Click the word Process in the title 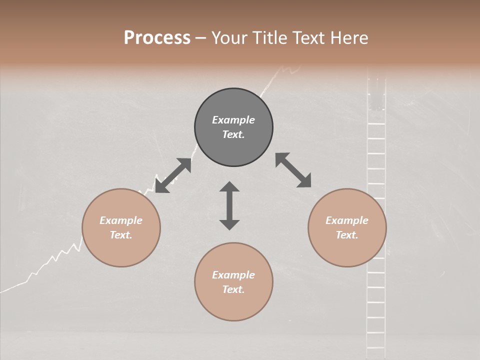(157, 37)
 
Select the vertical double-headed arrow (229, 205)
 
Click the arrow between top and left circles (173, 175)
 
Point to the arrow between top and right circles (293, 170)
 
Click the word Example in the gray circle (233, 120)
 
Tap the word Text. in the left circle (121, 235)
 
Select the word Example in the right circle (347, 220)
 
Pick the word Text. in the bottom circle (233, 289)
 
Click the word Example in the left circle (121, 220)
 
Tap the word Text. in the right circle (347, 235)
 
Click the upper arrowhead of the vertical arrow (229, 187)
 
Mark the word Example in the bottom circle (233, 275)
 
